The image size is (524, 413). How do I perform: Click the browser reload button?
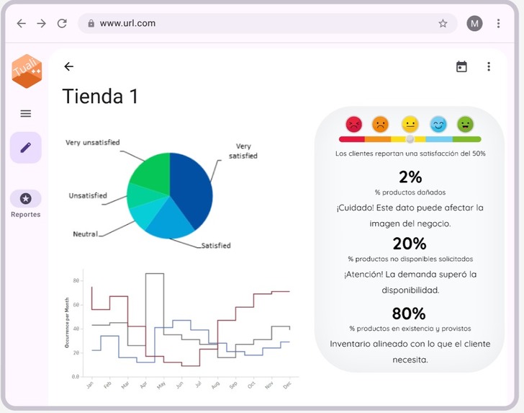62,23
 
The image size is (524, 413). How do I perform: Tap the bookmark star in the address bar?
443,23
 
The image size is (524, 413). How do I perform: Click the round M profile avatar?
474,23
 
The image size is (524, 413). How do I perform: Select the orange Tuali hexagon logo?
27,71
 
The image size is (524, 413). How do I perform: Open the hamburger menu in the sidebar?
26,113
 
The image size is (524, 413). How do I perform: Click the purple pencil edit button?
26,147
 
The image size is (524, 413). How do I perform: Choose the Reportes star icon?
26,198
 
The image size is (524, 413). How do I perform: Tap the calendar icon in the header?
461,66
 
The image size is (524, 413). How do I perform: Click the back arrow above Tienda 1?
68,66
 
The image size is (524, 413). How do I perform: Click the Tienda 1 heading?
100,97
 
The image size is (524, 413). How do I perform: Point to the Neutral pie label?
85,234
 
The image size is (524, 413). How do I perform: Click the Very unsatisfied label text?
93,142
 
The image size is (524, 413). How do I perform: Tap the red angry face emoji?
353,124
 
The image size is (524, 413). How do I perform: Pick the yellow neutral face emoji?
410,124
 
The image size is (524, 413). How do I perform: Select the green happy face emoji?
466,124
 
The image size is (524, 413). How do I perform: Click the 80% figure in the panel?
409,314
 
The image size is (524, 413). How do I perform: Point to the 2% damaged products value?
410,177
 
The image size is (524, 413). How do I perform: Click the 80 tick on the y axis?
76,280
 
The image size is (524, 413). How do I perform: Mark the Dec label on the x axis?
286,385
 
